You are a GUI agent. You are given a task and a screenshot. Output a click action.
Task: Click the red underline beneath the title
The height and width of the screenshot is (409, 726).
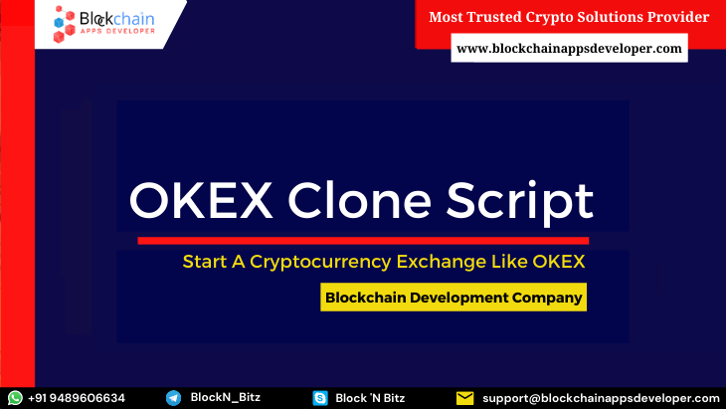point(362,240)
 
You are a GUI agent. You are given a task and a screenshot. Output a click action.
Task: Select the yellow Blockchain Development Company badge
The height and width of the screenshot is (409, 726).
point(453,297)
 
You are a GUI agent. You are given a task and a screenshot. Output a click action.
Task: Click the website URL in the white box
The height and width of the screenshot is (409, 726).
point(569,47)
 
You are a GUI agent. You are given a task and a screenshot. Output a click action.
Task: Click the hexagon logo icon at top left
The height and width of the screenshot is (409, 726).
point(66,23)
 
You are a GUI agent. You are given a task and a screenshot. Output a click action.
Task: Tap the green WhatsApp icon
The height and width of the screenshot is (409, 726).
point(15,398)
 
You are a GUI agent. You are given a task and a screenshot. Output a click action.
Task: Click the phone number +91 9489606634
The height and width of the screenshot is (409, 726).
point(77,398)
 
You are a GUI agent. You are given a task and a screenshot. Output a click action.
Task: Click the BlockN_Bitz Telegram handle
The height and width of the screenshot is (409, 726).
point(225,398)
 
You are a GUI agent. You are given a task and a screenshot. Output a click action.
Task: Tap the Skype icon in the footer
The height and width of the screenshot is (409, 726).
point(319,398)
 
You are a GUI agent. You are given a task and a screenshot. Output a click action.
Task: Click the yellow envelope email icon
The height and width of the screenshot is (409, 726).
point(464,398)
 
